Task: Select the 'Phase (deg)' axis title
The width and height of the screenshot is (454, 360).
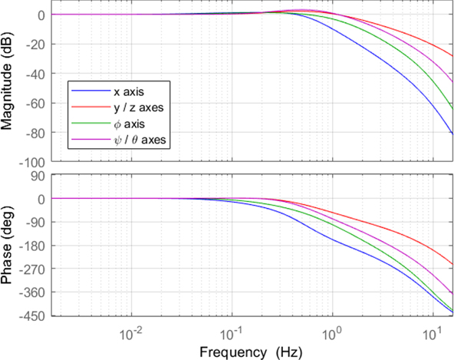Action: pyautogui.click(x=9, y=246)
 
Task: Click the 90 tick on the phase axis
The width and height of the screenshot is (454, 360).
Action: pyautogui.click(x=42, y=176)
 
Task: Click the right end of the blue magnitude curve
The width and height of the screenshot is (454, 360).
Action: pyautogui.click(x=452, y=134)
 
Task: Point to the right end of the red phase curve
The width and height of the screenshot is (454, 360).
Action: pyautogui.click(x=452, y=266)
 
